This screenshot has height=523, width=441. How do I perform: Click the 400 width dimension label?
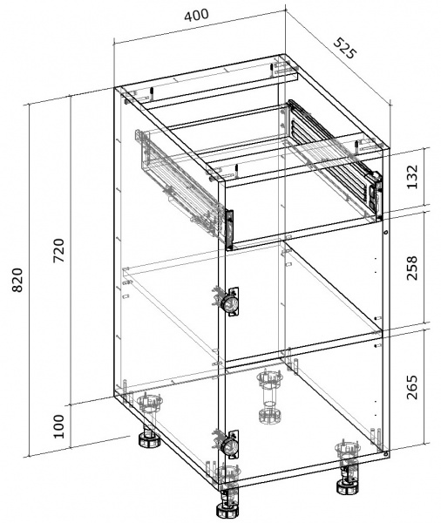(197, 16)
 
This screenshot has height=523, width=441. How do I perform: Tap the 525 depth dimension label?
(346, 48)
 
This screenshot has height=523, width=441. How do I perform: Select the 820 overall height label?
(17, 280)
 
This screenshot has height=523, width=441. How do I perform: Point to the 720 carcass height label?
(59, 250)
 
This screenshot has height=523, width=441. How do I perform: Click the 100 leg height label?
(58, 426)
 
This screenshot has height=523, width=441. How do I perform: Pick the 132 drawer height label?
(412, 177)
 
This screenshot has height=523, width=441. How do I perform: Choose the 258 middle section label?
(412, 268)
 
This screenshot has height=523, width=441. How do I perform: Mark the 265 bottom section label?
(412, 387)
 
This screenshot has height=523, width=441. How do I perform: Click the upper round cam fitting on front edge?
(229, 302)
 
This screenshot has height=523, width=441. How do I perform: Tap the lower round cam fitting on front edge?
(229, 445)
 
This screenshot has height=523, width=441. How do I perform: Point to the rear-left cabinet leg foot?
(149, 438)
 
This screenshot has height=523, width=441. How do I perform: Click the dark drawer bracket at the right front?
(377, 197)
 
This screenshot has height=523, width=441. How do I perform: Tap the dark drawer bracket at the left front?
(229, 230)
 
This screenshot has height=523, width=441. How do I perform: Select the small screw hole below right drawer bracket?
(385, 232)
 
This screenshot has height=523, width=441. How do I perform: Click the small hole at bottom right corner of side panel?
(385, 452)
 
